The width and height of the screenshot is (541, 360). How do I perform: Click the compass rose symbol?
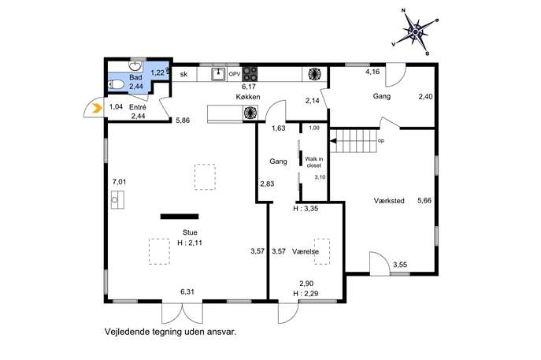pyautogui.click(x=416, y=32)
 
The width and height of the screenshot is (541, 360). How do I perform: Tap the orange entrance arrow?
pyautogui.click(x=98, y=109)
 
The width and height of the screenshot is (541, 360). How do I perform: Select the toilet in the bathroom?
pyautogui.click(x=116, y=84)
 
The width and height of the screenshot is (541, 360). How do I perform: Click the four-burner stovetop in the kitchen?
pyautogui.click(x=250, y=74)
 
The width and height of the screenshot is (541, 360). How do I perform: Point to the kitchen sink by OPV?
pyautogui.click(x=218, y=74)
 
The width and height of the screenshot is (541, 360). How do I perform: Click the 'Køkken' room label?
pyautogui.click(x=248, y=97)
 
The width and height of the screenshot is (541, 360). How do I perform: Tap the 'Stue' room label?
pyautogui.click(x=190, y=232)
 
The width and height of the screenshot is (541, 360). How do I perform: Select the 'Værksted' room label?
pyautogui.click(x=389, y=201)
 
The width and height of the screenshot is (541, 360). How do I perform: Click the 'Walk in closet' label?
pyautogui.click(x=314, y=162)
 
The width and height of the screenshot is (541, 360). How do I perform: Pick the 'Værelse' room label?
pyautogui.click(x=306, y=251)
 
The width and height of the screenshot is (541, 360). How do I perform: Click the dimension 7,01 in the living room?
pyautogui.click(x=120, y=181)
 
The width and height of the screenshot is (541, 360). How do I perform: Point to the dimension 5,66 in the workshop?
pyautogui.click(x=424, y=201)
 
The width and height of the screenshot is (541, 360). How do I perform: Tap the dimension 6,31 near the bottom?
pyautogui.click(x=187, y=291)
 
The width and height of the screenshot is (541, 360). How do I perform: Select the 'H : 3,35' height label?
pyautogui.click(x=306, y=209)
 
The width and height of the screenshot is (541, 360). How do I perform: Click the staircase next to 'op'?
pyautogui.click(x=354, y=141)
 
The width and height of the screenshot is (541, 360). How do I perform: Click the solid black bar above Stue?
pyautogui.click(x=180, y=217)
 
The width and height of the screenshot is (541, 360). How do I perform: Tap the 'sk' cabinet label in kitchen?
pyautogui.click(x=184, y=74)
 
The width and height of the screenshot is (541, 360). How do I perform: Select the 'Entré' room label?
pyautogui.click(x=138, y=107)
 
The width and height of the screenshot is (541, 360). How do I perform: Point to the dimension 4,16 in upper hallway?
pyautogui.click(x=372, y=72)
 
